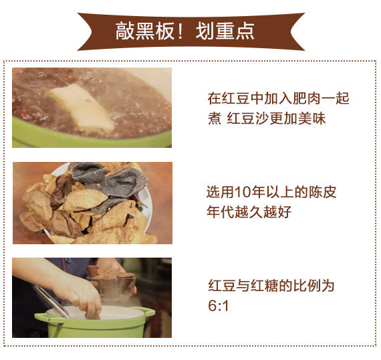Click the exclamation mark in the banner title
[x=180, y=31]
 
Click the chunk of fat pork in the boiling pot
[x=81, y=106]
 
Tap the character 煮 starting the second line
[x=215, y=119]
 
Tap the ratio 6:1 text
[x=218, y=306]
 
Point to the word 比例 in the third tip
[x=307, y=285]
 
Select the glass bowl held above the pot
[x=112, y=287]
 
